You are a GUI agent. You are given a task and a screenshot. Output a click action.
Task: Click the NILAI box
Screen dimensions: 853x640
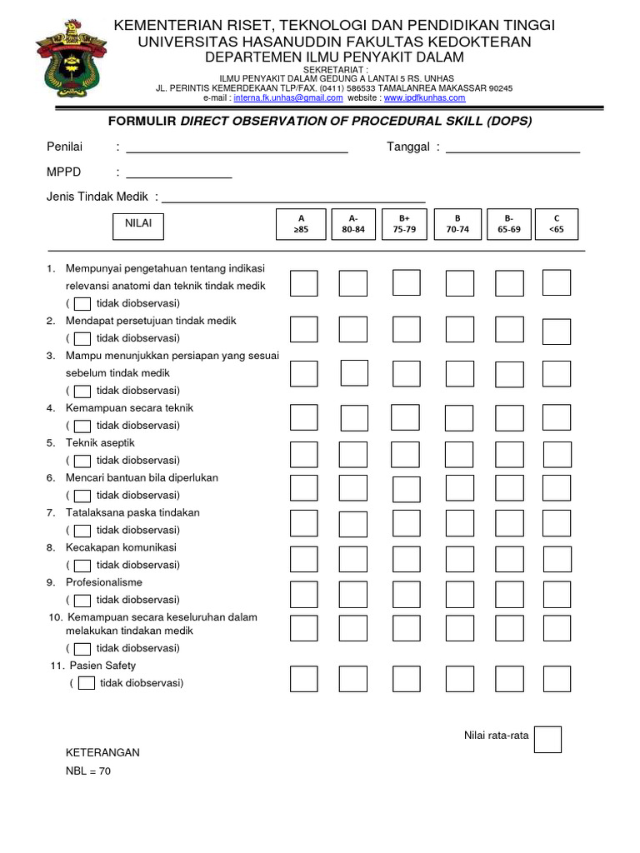coord(138,225)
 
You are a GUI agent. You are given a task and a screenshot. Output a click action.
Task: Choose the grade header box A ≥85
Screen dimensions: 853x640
coord(302,223)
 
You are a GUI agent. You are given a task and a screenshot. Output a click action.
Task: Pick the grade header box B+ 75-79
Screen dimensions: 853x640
coord(404,223)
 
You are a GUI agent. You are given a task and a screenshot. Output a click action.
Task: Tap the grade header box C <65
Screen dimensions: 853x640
coord(557,223)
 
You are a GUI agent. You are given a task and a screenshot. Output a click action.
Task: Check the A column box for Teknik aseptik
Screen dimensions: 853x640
coord(303,454)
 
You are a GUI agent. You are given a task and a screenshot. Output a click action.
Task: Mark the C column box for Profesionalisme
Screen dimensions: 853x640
coord(557,593)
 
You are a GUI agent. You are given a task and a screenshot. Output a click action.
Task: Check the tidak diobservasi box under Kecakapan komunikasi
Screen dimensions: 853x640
coord(82,565)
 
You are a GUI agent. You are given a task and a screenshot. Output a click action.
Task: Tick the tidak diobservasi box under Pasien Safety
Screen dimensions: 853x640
coord(86,684)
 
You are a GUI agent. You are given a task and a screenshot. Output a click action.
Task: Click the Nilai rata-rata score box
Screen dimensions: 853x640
coord(547,740)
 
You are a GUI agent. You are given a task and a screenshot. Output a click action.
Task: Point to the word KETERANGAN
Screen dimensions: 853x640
coord(102,752)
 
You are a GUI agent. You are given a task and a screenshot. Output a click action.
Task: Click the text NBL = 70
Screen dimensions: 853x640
coord(88,771)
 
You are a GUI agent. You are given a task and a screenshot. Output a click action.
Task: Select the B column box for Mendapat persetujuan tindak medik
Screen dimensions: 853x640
coord(459,331)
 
